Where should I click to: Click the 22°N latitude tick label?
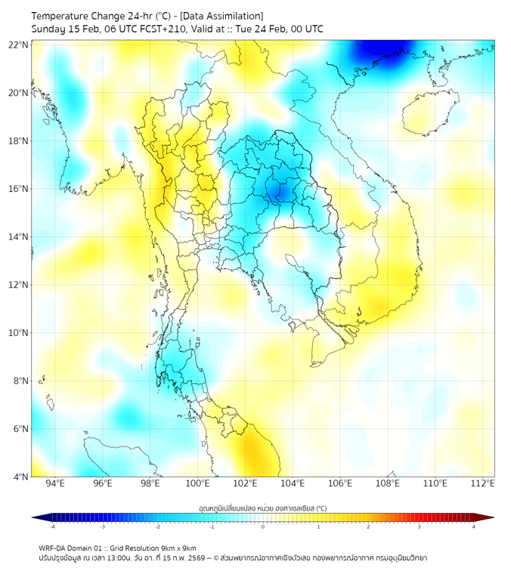[x=19, y=45]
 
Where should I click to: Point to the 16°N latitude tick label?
[x=19, y=189]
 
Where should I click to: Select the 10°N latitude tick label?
[x=19, y=332]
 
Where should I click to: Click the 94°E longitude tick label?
[x=55, y=484]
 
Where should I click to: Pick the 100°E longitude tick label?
[x=197, y=484]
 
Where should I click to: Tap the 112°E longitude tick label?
[x=482, y=484]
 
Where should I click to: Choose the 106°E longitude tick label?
[x=339, y=484]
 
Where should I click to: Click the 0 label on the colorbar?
[x=263, y=527]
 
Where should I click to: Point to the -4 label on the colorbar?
[x=51, y=527]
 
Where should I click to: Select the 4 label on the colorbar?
[x=474, y=527]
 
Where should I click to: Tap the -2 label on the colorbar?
[x=156, y=527]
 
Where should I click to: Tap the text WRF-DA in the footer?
[x=53, y=548]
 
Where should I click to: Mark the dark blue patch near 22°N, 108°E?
[x=378, y=51]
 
